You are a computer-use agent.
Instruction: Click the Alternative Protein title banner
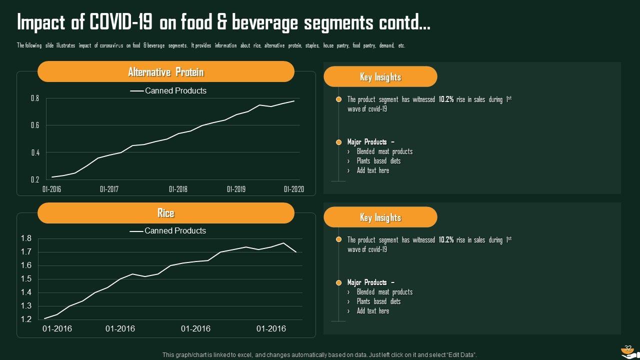pos(165,72)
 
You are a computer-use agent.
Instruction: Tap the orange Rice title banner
pos(165,213)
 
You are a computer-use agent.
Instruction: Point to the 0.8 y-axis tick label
pos(35,98)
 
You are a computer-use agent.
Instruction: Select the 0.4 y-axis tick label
pos(35,152)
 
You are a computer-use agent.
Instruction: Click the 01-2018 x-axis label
pos(178,189)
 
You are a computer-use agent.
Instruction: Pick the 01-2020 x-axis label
pos(293,189)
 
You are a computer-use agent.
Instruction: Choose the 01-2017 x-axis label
pos(109,189)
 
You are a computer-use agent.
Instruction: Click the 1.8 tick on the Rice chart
pos(26,238)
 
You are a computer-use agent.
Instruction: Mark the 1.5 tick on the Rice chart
pos(26,279)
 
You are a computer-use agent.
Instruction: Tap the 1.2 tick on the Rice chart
pos(26,319)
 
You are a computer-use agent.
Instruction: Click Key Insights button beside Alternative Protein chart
pos(380,77)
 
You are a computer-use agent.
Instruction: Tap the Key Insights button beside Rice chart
pos(380,217)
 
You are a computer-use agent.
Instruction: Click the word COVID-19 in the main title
pos(121,22)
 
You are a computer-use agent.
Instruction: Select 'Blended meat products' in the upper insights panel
pos(384,151)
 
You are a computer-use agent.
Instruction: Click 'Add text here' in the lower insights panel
pos(372,311)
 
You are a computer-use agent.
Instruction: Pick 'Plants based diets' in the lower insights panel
pos(378,301)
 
